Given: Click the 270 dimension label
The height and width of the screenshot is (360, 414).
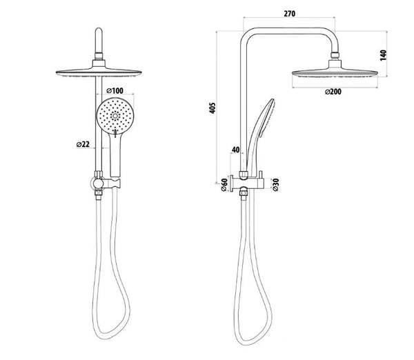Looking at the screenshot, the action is tap(289, 14).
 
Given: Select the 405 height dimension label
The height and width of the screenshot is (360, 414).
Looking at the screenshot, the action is tap(213, 108).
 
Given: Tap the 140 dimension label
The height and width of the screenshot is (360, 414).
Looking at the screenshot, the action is tap(383, 55).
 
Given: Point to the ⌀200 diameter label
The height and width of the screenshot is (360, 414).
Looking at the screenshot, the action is tap(333, 92).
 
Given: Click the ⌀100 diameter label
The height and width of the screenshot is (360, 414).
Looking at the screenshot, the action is tap(115, 91).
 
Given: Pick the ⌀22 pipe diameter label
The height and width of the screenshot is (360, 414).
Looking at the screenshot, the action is tap(83, 144).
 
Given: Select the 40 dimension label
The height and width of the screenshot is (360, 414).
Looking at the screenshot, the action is tap(235, 150).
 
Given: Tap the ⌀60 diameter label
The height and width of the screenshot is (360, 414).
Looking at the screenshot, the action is tap(224, 185).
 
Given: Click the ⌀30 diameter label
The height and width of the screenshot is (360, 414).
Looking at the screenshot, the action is tap(275, 185).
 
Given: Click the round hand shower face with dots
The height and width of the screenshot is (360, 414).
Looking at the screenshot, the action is tap(115, 116).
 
